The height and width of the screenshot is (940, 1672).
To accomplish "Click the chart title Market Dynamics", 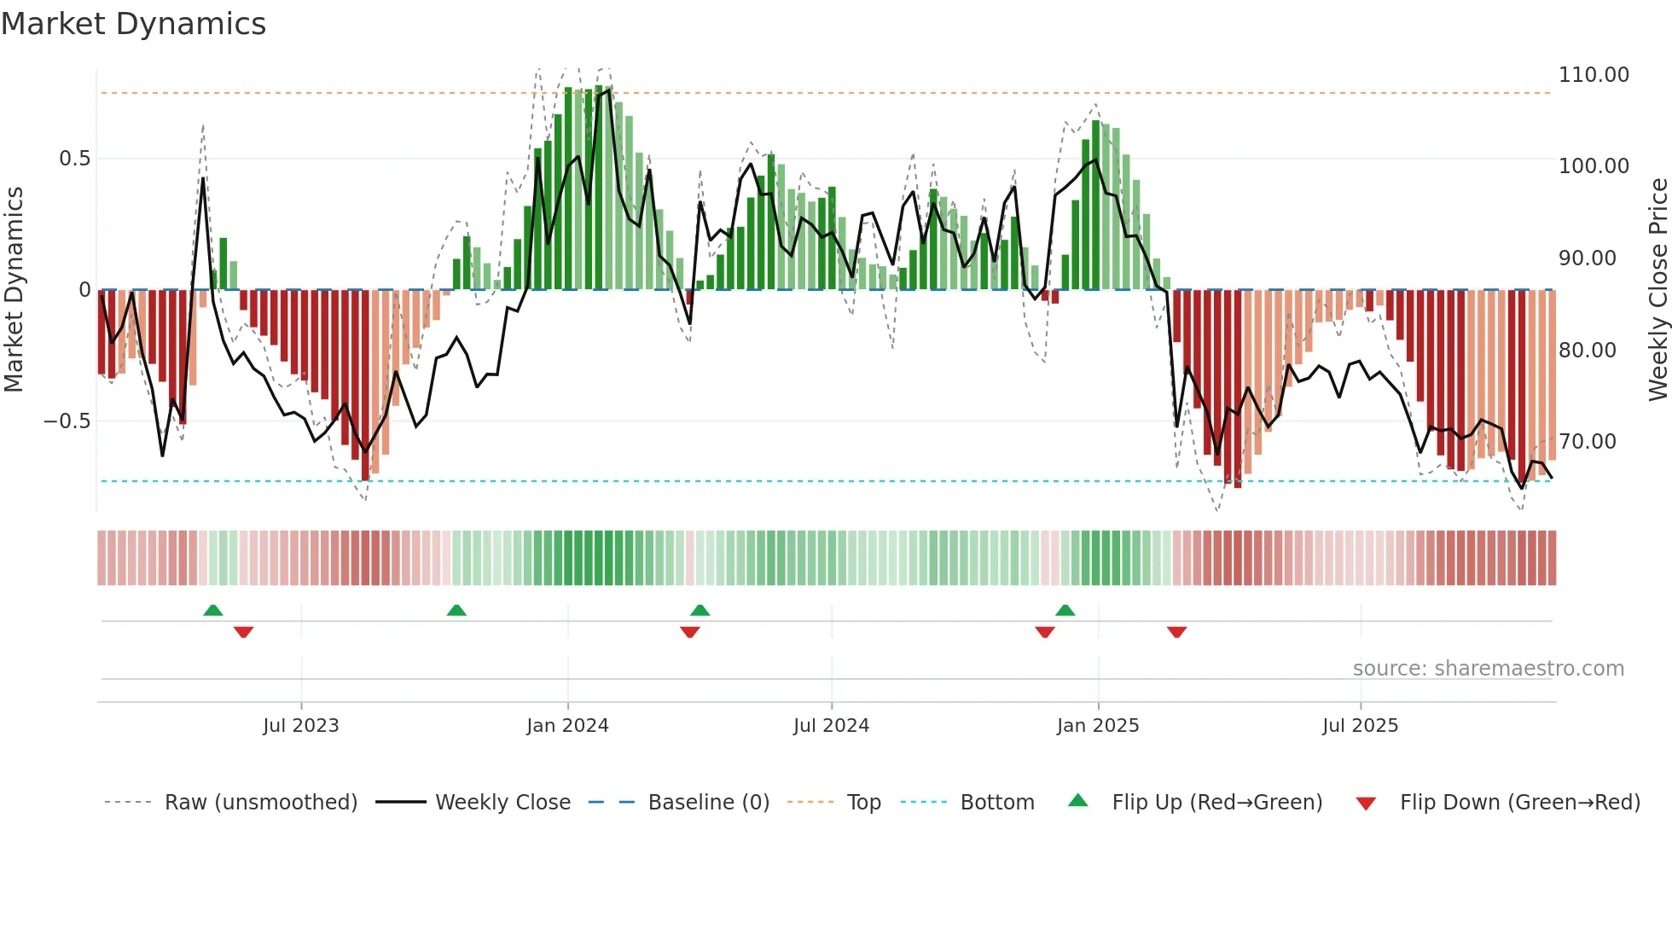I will (x=133, y=24).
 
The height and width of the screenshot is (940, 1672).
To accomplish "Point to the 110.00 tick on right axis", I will (x=1593, y=75).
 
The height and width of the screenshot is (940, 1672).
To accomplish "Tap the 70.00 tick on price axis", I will (x=1587, y=442).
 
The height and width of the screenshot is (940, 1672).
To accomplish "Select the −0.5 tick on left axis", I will (x=67, y=421).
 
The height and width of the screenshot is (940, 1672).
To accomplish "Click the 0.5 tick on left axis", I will (x=74, y=159).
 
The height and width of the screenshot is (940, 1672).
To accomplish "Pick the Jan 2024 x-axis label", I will (x=567, y=726).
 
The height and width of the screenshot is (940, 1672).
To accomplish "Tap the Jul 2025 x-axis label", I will (x=1360, y=726).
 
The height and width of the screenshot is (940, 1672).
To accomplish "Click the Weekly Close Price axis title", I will (x=1657, y=289).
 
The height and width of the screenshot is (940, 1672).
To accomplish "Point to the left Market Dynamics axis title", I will (x=14, y=289).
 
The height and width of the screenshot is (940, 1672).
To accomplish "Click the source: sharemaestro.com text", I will (x=1488, y=669).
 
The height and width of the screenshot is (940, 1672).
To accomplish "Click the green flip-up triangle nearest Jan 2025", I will (x=1065, y=610).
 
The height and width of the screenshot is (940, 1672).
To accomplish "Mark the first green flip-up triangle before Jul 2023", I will (x=213, y=610).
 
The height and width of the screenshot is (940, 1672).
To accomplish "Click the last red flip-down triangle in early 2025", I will (x=1176, y=632).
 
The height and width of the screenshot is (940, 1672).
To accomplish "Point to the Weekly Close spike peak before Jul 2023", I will (x=203, y=178).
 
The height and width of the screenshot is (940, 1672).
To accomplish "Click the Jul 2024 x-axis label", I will (x=831, y=726).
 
